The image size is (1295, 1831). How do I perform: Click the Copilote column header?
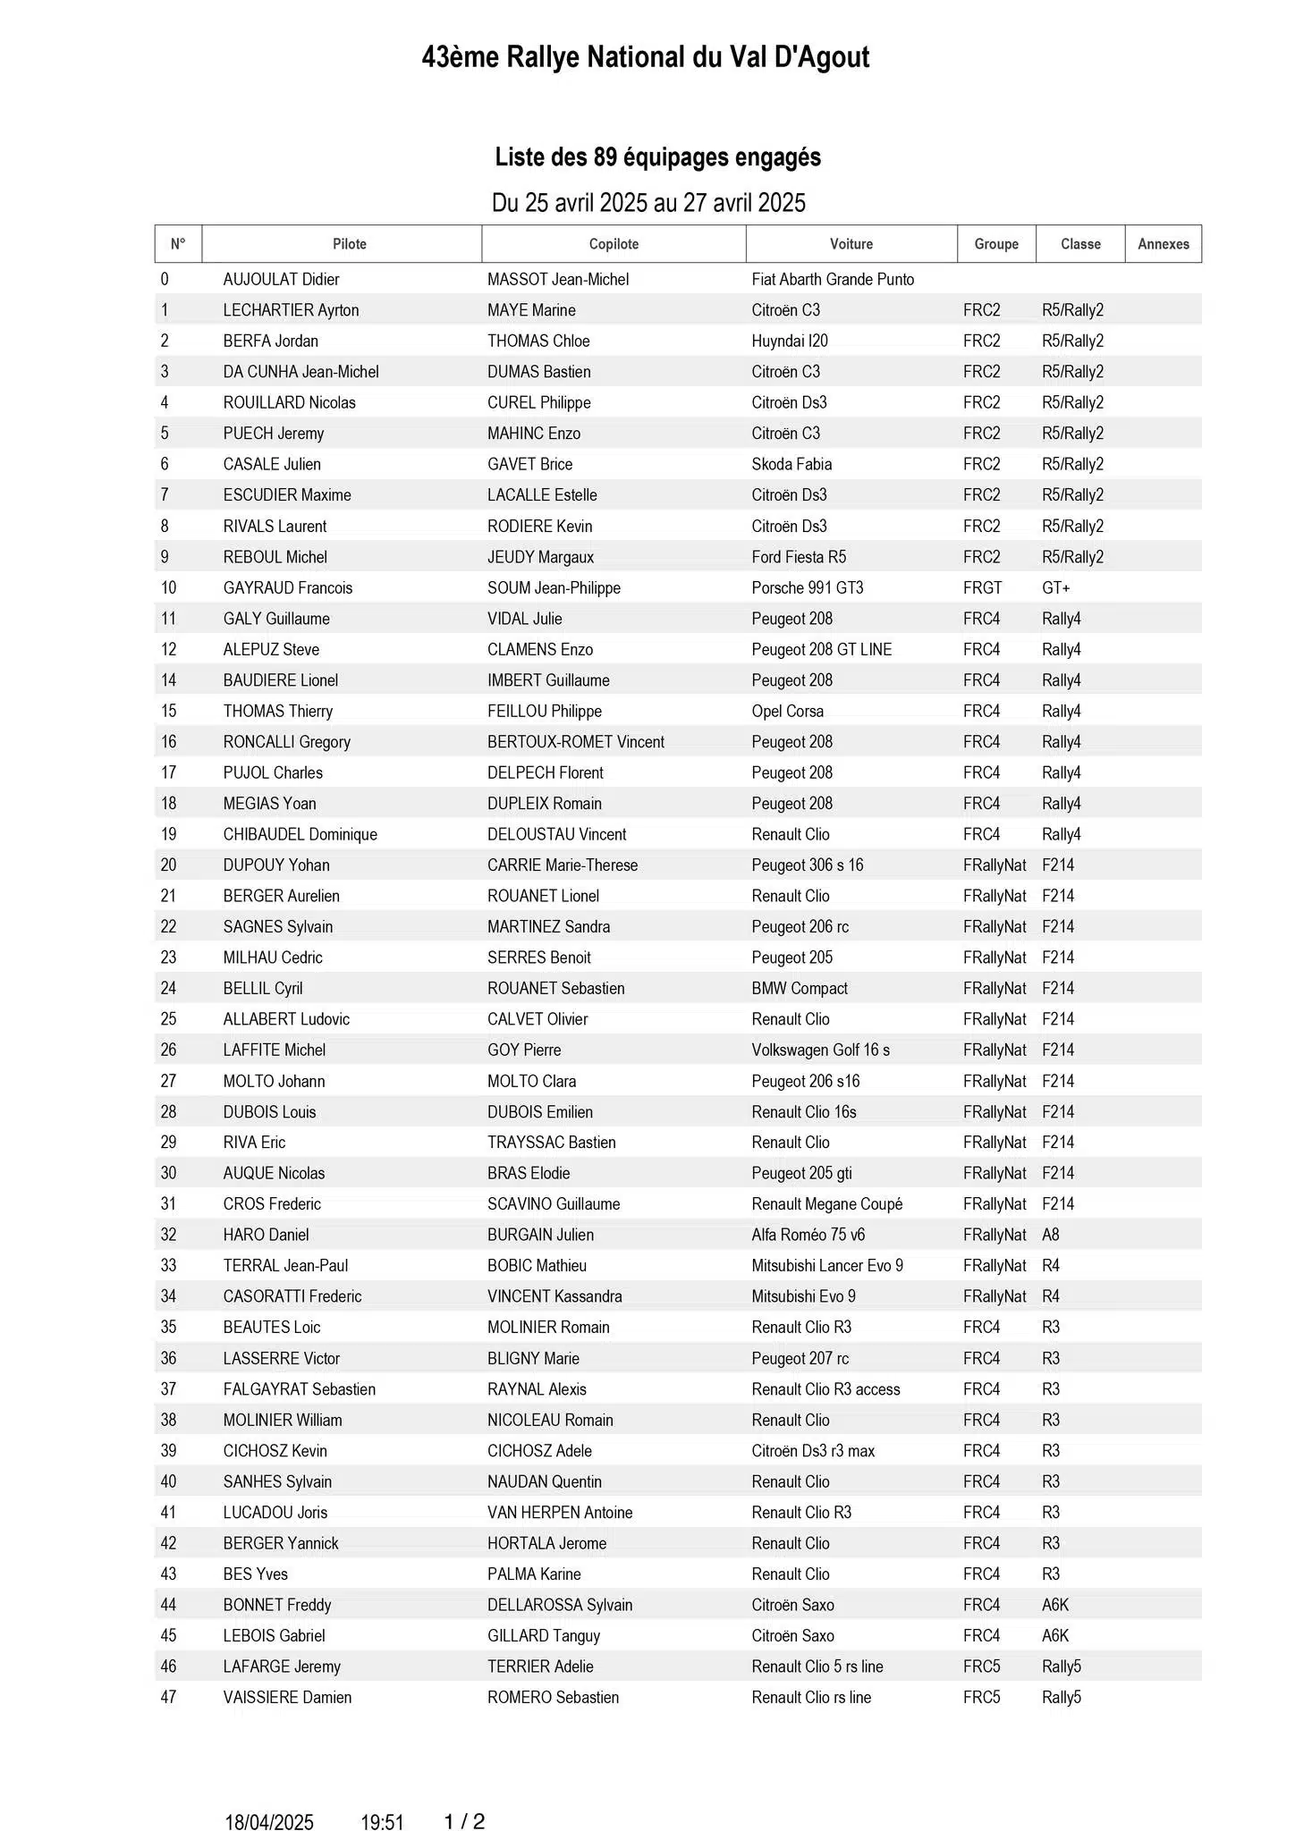click(614, 244)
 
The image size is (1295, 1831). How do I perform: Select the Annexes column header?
click(1163, 244)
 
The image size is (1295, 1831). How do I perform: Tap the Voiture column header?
click(851, 244)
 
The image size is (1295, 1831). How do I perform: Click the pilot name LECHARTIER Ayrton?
click(291, 310)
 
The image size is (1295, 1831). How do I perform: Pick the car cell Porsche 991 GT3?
click(807, 587)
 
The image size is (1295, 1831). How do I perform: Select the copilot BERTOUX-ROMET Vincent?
click(575, 742)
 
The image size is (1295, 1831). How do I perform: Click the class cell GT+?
click(1055, 587)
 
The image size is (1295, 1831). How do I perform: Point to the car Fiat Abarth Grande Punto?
click(833, 279)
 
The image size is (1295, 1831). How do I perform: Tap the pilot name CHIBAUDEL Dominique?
click(300, 834)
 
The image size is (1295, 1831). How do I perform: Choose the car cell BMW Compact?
click(799, 988)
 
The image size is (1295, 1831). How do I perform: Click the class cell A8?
click(1050, 1235)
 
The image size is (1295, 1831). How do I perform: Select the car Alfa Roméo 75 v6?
click(808, 1235)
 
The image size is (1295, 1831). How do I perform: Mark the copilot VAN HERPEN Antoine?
click(560, 1512)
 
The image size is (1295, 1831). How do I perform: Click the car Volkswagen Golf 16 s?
click(820, 1050)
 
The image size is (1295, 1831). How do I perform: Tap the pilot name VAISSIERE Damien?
click(287, 1697)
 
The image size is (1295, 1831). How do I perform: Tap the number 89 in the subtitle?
click(605, 157)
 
